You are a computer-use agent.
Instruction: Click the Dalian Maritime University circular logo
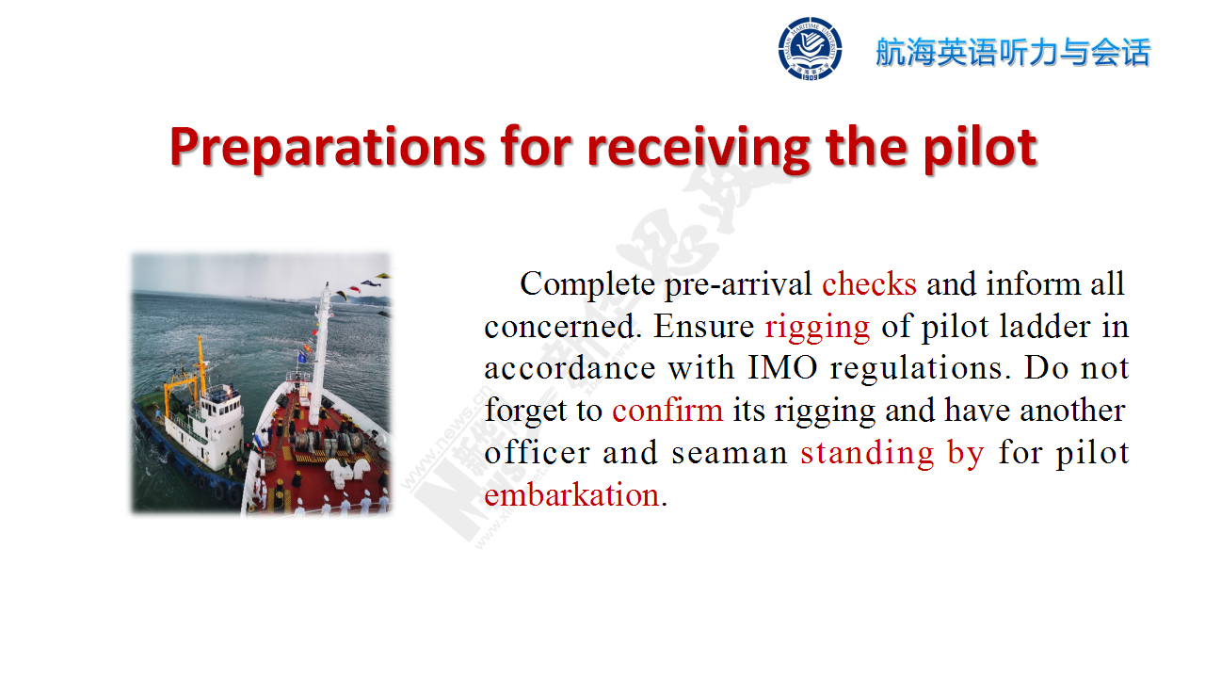(810, 48)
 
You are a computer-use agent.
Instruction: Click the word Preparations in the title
(328, 147)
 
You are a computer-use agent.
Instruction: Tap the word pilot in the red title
(980, 147)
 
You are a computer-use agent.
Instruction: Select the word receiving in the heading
(699, 147)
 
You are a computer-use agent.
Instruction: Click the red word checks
(869, 283)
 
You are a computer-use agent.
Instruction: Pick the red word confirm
(667, 410)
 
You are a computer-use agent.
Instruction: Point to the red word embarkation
(571, 494)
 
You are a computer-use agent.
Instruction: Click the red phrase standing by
(892, 453)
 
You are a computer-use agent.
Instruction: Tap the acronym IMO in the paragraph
(782, 368)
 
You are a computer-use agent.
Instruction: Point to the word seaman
(730, 453)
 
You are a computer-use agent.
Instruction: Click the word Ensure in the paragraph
(704, 326)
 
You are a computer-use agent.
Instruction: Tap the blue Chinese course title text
(1013, 52)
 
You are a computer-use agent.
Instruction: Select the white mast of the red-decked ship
(320, 355)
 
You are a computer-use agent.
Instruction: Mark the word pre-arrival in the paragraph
(738, 284)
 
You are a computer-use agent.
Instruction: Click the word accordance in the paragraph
(570, 368)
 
